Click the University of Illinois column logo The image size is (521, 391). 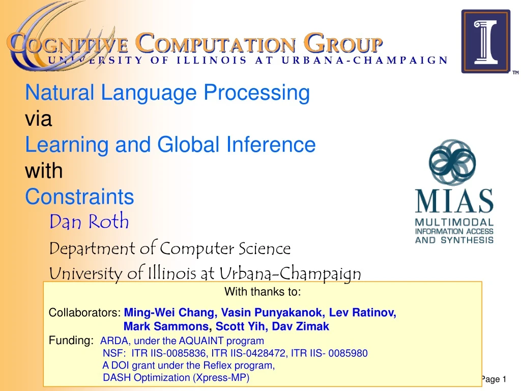(x=485, y=41)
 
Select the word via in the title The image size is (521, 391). (x=39, y=119)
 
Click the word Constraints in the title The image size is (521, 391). (x=80, y=197)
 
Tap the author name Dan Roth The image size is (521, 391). (x=89, y=222)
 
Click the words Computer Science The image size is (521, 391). (x=225, y=248)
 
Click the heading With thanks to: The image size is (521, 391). (x=263, y=292)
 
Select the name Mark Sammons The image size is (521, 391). (x=166, y=327)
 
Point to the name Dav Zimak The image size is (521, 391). (x=305, y=327)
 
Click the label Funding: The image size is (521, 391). (x=71, y=341)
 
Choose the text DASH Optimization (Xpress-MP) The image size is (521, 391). (x=176, y=378)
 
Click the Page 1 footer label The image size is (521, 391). (x=494, y=379)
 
